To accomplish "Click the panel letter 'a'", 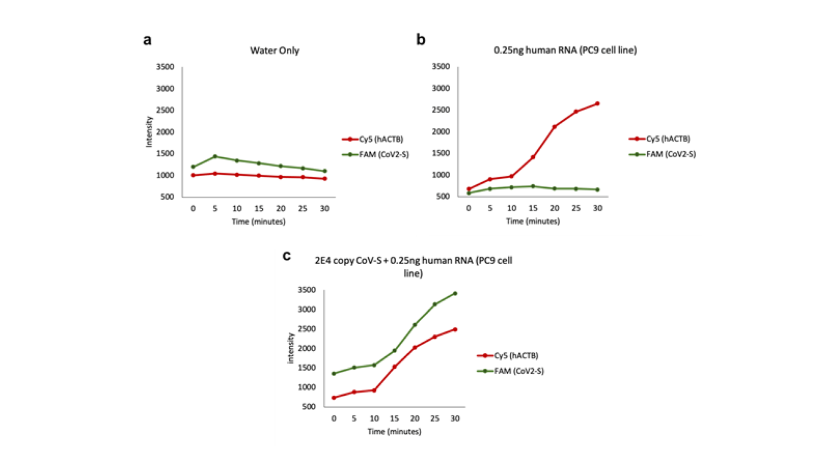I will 147,40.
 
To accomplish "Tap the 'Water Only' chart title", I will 275,51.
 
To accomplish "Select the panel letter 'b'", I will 421,39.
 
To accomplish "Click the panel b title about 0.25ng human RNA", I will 565,50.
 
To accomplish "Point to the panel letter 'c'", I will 287,256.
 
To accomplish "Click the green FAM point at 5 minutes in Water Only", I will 215,156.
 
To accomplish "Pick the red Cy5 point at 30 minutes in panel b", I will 597,103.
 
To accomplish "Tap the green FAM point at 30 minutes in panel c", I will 455,294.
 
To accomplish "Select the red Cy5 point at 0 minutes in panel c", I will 334,397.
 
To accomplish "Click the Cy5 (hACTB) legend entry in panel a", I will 381,139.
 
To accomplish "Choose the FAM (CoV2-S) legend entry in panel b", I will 671,154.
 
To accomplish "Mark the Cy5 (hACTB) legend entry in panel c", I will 516,355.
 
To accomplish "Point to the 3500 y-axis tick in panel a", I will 165,67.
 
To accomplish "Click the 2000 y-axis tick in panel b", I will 441,132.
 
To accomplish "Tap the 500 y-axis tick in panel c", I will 309,406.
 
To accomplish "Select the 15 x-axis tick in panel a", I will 259,209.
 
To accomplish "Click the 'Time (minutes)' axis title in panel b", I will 533,221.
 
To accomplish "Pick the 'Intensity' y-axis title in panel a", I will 149,132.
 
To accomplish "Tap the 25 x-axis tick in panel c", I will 435,419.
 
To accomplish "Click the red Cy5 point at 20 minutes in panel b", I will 554,127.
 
